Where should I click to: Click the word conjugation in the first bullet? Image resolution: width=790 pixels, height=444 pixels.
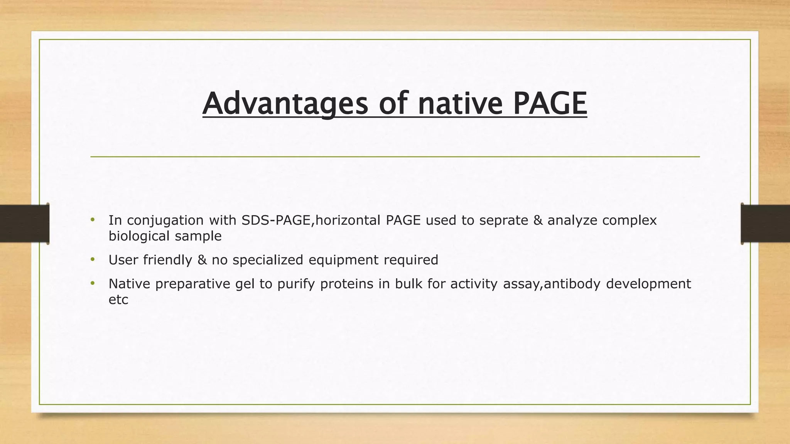165,220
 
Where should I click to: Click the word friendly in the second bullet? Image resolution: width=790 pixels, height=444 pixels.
167,260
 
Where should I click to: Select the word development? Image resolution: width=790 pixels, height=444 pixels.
648,284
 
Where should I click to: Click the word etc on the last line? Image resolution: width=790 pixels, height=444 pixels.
118,300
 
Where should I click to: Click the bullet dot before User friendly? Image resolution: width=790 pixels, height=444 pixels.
93,260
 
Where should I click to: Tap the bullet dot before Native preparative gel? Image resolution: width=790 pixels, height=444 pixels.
93,284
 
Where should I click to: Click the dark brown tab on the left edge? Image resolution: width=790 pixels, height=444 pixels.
24,224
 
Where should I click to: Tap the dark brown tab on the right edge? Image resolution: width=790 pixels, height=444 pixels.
765,224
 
